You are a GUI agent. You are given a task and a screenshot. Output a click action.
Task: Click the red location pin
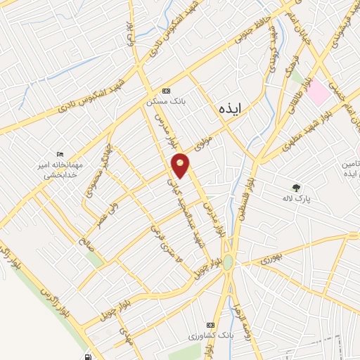click(181, 165)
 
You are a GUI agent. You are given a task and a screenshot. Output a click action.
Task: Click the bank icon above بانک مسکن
click(166, 91)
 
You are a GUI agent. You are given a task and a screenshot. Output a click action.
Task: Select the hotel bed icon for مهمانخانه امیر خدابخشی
click(60, 154)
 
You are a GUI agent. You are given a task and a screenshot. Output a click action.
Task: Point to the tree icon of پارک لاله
click(297, 188)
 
